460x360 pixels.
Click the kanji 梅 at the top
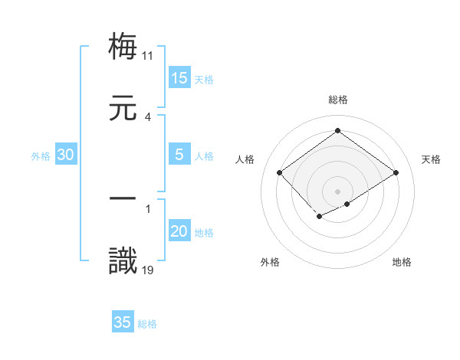click(123, 46)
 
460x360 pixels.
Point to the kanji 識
click(123, 260)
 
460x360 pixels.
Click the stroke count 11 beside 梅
click(148, 55)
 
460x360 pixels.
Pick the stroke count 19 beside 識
click(148, 270)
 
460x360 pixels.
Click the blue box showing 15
click(179, 78)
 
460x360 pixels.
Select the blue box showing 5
click(179, 155)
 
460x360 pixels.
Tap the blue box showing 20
click(179, 231)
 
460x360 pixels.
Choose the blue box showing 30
click(66, 155)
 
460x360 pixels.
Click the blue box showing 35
click(123, 322)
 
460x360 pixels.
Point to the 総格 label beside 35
click(147, 324)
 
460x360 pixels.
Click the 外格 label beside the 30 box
click(41, 156)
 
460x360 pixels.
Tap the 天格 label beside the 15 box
click(204, 80)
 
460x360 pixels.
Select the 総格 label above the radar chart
click(337, 100)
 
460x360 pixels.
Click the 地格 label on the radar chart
click(402, 262)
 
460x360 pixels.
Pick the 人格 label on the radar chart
click(245, 159)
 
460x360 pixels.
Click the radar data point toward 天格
click(396, 173)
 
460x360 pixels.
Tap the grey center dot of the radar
click(337, 191)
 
